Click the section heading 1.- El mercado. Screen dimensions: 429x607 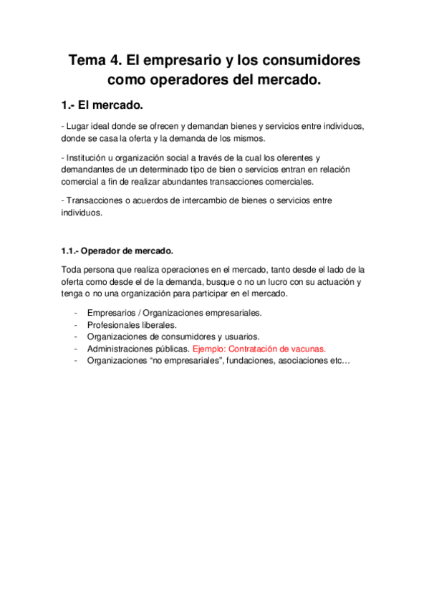[102, 106]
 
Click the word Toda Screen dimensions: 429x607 [71, 270]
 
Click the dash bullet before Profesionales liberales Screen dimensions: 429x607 [76, 324]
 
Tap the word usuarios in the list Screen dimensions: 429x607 [241, 336]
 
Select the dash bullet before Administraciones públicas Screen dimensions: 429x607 [76, 349]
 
